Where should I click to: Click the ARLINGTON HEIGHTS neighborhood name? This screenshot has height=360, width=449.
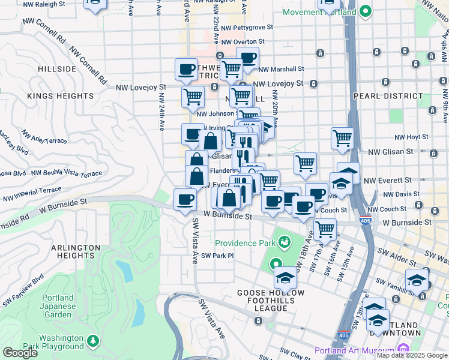[x=75, y=252]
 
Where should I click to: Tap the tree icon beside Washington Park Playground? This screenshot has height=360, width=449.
[x=92, y=341]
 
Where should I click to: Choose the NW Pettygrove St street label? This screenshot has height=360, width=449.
[x=247, y=27]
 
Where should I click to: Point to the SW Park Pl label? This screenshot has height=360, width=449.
[x=217, y=256]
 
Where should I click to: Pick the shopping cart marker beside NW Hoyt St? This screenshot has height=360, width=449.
[x=342, y=137]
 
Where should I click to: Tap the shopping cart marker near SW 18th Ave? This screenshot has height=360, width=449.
[x=325, y=228]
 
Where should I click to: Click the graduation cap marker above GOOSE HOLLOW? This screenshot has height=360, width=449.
[x=285, y=277]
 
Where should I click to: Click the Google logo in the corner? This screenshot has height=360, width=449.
[x=20, y=353]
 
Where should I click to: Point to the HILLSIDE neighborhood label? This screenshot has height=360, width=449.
[x=57, y=69]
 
